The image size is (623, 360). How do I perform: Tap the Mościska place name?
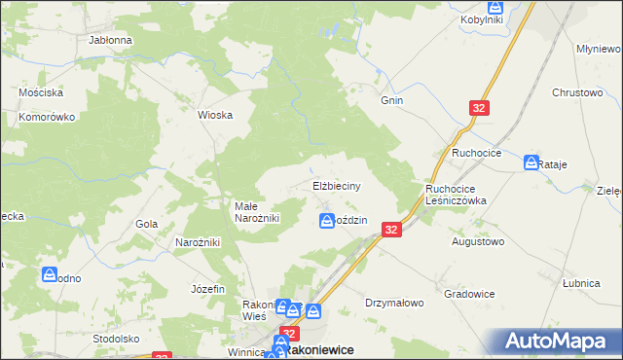coord(42,92)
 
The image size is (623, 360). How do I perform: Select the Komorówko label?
coord(47,117)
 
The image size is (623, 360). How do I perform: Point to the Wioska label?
coord(215,115)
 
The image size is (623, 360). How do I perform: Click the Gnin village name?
coord(392,100)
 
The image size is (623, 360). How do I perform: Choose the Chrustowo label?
coord(577,92)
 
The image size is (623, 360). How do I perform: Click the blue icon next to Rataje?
coord(531,162)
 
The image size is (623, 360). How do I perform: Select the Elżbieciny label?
coord(338,185)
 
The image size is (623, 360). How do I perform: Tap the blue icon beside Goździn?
coord(327,222)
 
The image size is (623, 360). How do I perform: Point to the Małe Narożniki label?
coord(257,212)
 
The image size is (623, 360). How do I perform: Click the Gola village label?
coord(147,224)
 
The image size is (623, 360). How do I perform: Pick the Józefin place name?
coord(208,289)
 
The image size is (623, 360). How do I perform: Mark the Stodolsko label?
coord(117,339)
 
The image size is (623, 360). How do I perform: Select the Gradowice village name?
coord(469,294)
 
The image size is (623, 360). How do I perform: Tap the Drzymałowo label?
coord(394,303)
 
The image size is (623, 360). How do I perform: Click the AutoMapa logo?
coord(558,342)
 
